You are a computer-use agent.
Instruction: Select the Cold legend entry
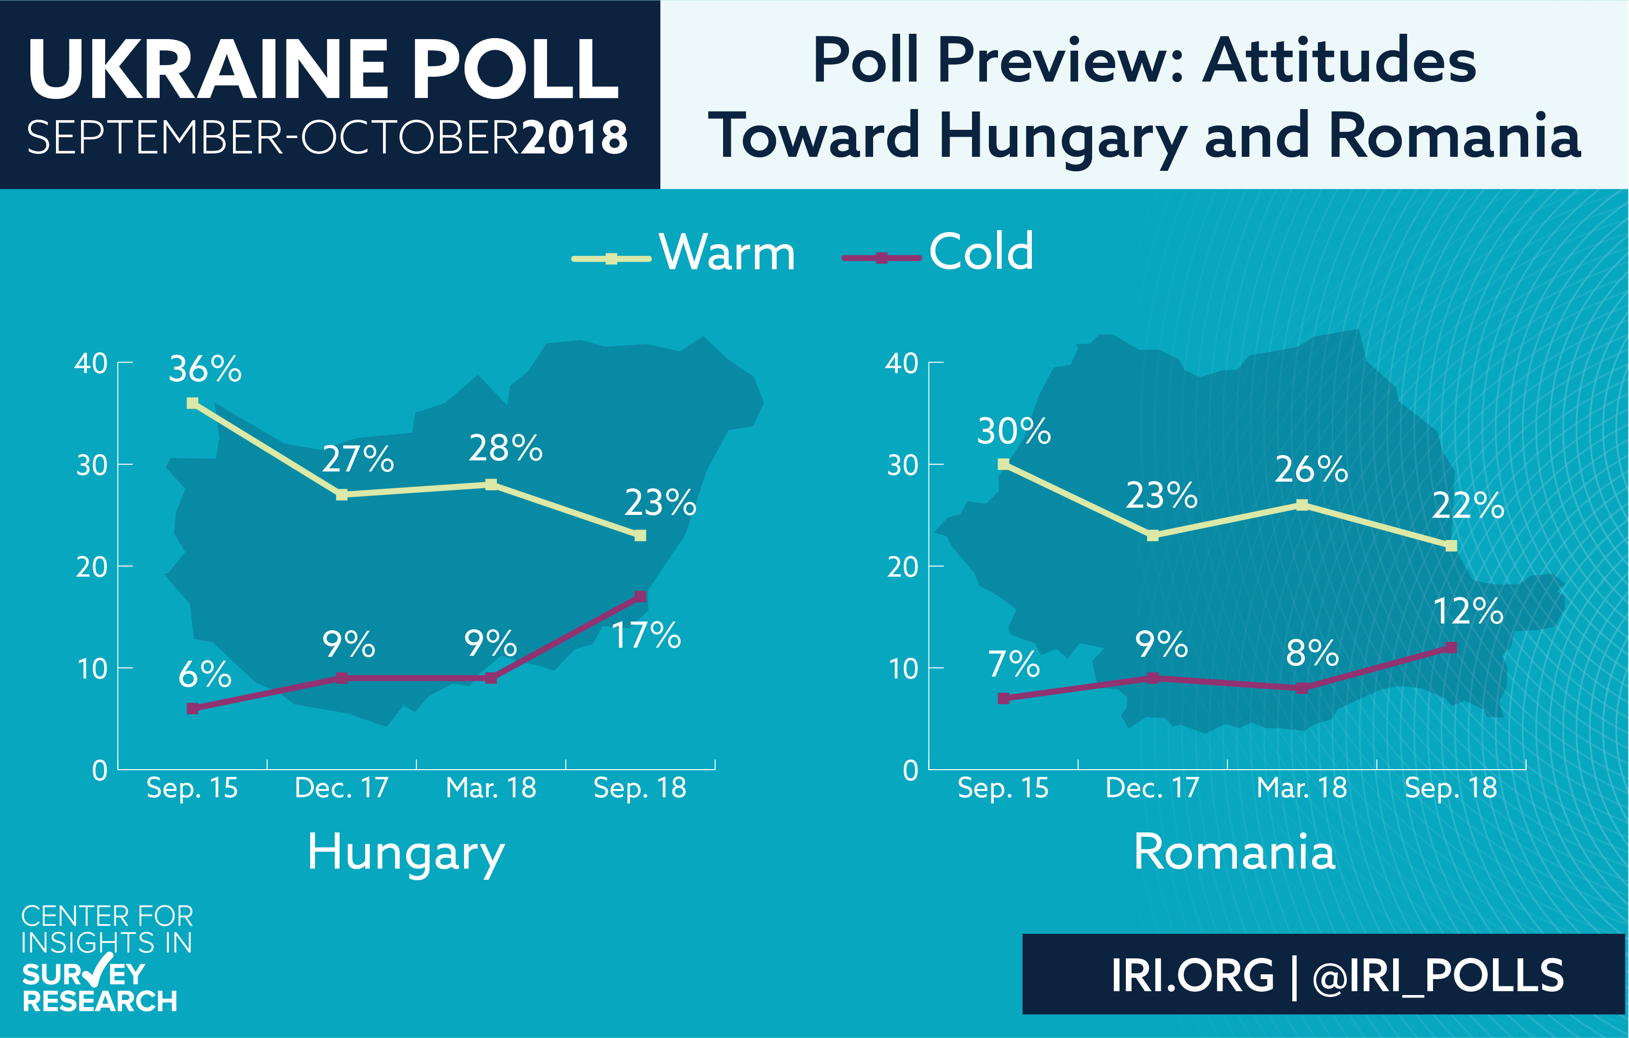(x=938, y=252)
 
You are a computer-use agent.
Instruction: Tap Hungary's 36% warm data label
(x=205, y=370)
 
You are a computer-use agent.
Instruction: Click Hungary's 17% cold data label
(x=646, y=636)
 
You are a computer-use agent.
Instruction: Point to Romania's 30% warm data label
(x=1014, y=431)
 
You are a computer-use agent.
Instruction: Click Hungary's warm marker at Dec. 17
(x=342, y=495)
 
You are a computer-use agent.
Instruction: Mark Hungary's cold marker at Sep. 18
(x=640, y=596)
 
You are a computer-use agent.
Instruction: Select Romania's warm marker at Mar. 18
(x=1301, y=505)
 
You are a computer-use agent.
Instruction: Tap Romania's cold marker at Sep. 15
(x=1003, y=698)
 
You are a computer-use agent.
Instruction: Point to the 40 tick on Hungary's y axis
(x=91, y=363)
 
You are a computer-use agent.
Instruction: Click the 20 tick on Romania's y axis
(x=902, y=567)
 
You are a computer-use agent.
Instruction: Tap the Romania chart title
(x=1234, y=851)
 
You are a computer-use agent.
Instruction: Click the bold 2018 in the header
(x=575, y=138)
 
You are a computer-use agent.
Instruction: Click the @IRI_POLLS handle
(x=1438, y=976)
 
